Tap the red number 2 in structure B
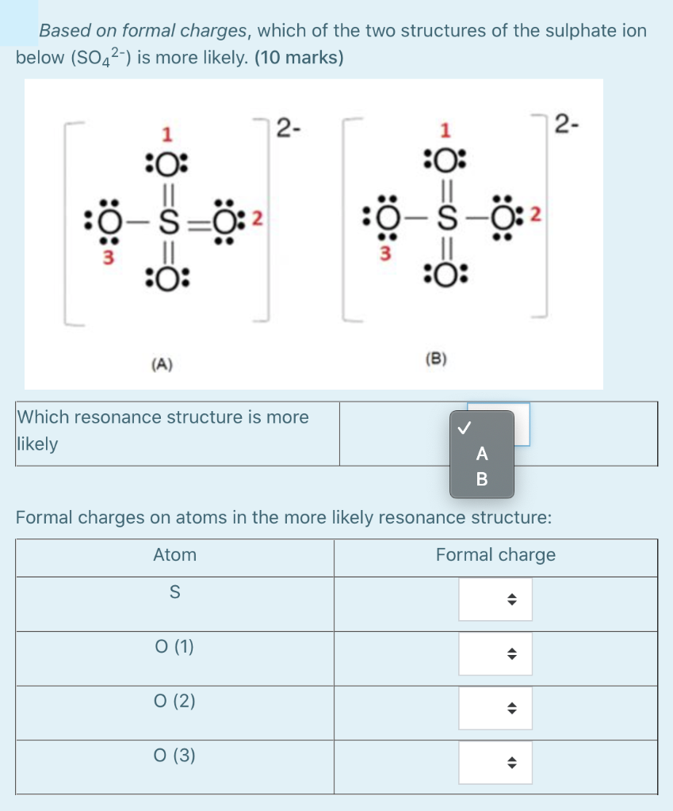536,215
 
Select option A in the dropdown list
482,454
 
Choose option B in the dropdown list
482,479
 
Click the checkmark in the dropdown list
465,428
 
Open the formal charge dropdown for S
495,600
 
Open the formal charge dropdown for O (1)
495,654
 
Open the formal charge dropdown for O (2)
495,709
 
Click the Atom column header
174,555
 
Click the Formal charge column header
495,555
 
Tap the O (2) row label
174,701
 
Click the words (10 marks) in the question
299,59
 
